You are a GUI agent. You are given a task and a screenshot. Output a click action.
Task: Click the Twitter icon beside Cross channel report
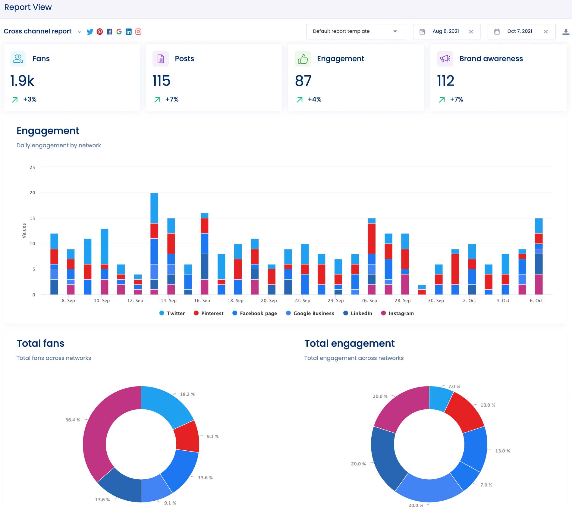point(90,32)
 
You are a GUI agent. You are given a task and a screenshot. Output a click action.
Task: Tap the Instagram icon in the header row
point(138,32)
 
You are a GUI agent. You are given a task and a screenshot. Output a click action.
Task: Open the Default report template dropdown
point(356,31)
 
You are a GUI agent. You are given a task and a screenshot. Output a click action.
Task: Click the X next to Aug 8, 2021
point(471,32)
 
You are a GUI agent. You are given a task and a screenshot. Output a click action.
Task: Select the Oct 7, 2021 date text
point(520,31)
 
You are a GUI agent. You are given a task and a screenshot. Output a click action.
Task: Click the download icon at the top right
point(566,32)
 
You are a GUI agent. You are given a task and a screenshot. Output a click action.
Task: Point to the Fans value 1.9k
point(22,81)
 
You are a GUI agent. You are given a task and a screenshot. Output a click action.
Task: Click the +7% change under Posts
point(172,99)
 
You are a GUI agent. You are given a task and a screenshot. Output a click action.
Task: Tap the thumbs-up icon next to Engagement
point(303,59)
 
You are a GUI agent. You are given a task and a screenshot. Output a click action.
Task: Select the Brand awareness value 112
point(445,81)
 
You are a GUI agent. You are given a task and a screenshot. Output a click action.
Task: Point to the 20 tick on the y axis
point(32,193)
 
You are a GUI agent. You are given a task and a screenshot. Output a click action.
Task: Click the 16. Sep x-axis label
point(202,301)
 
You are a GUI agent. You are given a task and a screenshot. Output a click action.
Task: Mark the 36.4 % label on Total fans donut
point(73,420)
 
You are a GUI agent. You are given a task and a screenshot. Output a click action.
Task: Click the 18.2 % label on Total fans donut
point(187,394)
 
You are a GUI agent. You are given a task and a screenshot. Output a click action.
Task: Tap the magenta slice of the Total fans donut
point(96,434)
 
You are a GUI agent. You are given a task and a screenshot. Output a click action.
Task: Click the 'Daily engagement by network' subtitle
point(58,146)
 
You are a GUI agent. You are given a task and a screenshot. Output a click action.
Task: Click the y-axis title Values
point(24,231)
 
